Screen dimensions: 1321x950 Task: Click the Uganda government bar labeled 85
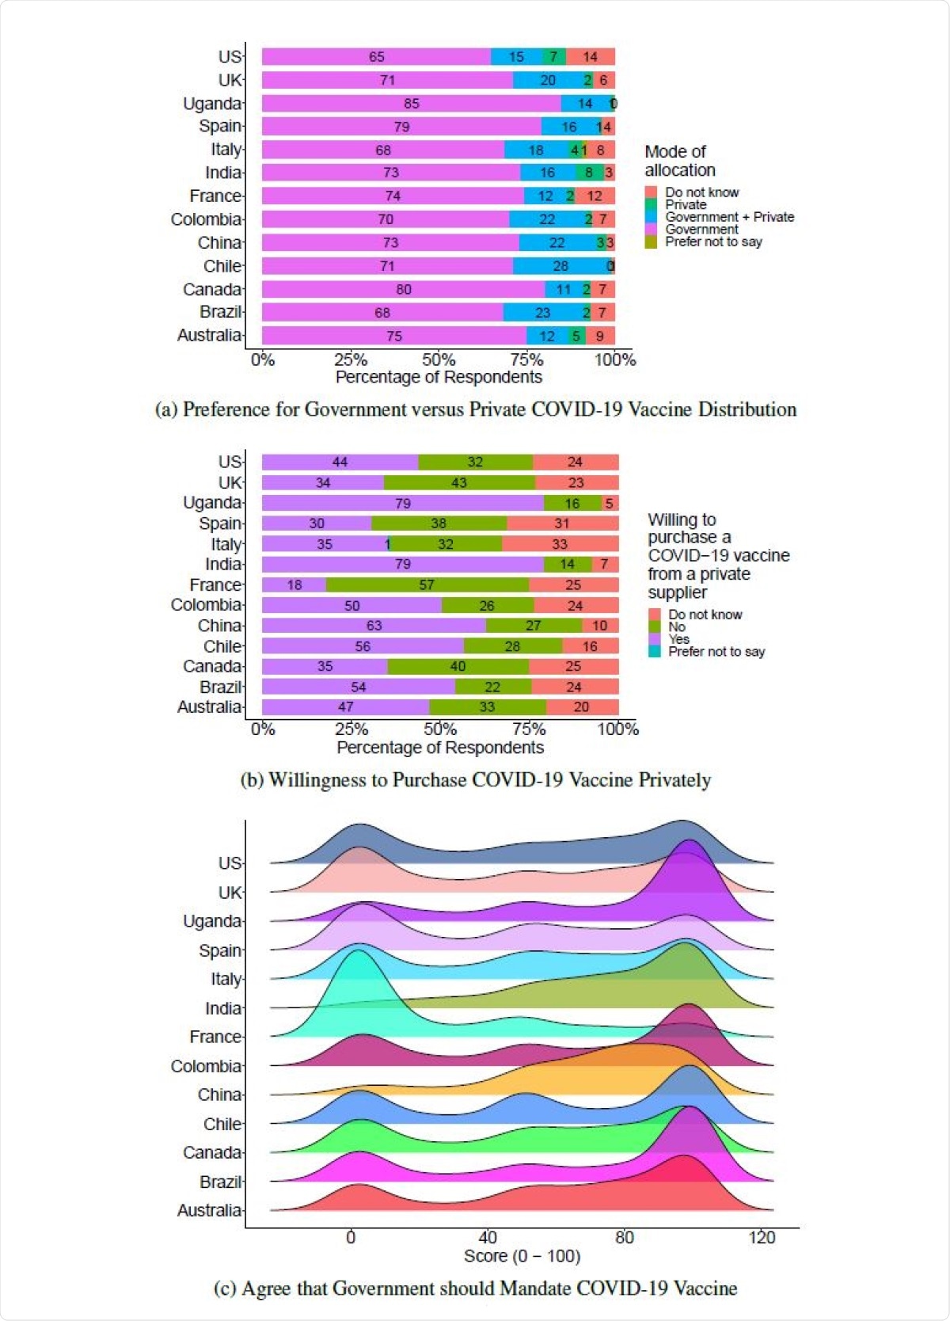pyautogui.click(x=411, y=104)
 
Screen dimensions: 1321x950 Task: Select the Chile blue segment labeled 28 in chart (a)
pyautogui.click(x=560, y=266)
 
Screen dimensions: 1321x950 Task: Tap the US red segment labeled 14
pyautogui.click(x=591, y=57)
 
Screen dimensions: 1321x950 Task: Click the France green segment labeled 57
pyautogui.click(x=427, y=585)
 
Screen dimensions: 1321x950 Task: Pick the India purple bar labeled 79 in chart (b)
pyautogui.click(x=402, y=565)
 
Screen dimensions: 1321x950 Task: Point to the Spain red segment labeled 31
pyautogui.click(x=562, y=523)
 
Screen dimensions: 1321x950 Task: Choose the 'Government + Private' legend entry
pyautogui.click(x=729, y=217)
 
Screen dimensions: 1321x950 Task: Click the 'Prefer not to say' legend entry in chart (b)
pyautogui.click(x=716, y=652)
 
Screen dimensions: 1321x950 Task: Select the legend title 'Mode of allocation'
pyautogui.click(x=679, y=161)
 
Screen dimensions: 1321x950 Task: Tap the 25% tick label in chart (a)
pyautogui.click(x=350, y=360)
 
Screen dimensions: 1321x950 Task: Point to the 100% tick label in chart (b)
pyautogui.click(x=617, y=729)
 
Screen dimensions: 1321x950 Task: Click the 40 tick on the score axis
pyautogui.click(x=488, y=1238)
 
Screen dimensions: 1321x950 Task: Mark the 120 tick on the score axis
pyautogui.click(x=762, y=1238)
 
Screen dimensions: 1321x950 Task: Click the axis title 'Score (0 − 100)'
pyautogui.click(x=522, y=1256)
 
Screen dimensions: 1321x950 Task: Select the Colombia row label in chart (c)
pyautogui.click(x=206, y=1066)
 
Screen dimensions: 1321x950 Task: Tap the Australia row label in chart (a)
pyautogui.click(x=209, y=336)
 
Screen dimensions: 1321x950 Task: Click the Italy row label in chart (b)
pyautogui.click(x=226, y=545)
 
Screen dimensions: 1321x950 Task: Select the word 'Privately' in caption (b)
pyautogui.click(x=674, y=780)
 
